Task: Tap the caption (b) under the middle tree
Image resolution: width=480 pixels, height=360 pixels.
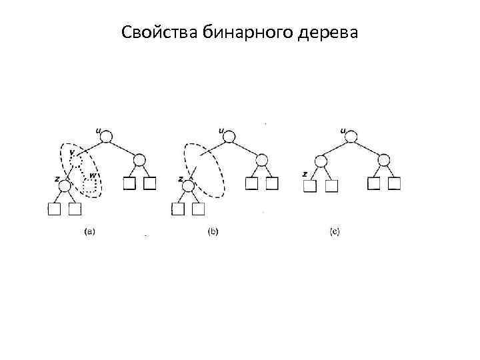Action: click(213, 232)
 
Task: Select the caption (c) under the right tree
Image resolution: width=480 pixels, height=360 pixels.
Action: click(335, 232)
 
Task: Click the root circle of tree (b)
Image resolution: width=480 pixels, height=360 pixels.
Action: click(229, 138)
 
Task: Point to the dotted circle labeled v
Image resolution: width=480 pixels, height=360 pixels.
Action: click(77, 160)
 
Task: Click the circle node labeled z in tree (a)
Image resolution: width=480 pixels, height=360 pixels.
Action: click(65, 182)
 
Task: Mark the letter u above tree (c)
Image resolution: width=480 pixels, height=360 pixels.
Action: click(343, 130)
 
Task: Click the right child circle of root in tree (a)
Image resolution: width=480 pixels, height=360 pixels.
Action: click(139, 160)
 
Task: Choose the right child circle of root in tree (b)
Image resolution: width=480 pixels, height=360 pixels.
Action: click(262, 160)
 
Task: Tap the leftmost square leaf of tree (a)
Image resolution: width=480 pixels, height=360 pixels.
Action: click(54, 209)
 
